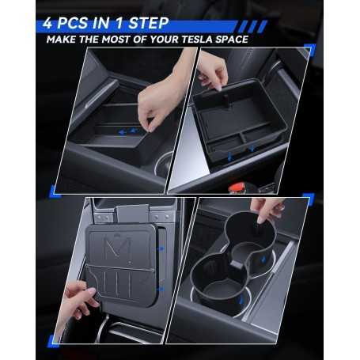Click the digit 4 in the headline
pyautogui.click(x=47, y=23)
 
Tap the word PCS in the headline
pyautogui.click(x=72, y=23)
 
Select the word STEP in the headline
pyautogui.click(x=149, y=23)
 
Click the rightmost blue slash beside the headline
pyautogui.click(x=262, y=26)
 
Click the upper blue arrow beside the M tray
pyautogui.click(x=161, y=248)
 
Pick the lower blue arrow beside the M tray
pyautogui.click(x=161, y=290)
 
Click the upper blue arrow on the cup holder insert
pyautogui.click(x=263, y=260)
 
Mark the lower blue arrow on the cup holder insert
pyautogui.click(x=241, y=300)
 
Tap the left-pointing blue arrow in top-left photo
pyautogui.click(x=122, y=132)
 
